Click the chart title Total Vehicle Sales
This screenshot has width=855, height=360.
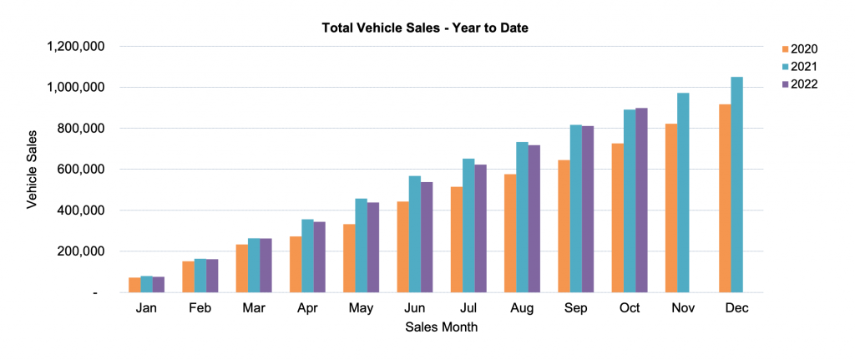426,28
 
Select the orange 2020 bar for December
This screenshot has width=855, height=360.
725,198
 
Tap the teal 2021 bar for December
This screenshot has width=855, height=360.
736,185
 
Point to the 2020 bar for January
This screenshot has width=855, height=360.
134,284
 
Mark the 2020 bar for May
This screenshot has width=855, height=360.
349,258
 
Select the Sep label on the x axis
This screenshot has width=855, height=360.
575,308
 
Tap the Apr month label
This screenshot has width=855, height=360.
307,308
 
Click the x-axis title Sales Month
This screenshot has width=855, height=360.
442,327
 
